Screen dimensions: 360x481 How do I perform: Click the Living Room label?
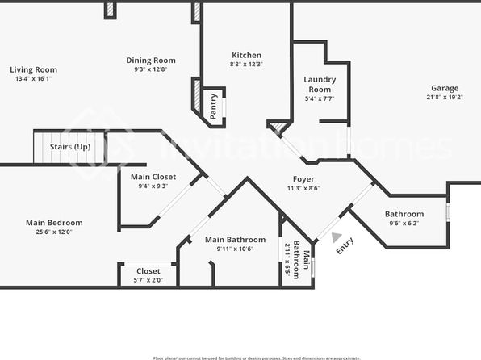[35, 69]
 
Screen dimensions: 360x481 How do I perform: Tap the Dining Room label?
[151, 60]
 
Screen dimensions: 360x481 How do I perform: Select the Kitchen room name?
[246, 54]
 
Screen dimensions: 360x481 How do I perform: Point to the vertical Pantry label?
[214, 107]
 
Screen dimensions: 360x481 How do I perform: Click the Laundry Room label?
[320, 84]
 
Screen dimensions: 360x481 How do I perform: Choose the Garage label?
[444, 88]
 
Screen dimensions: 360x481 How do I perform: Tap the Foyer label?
[303, 178]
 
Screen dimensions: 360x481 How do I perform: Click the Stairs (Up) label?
[70, 147]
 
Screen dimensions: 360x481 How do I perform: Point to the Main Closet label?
[153, 176]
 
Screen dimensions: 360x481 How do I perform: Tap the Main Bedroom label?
[54, 223]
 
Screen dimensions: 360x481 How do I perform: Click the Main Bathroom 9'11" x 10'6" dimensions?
[235, 249]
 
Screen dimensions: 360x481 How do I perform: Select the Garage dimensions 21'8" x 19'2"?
[444, 98]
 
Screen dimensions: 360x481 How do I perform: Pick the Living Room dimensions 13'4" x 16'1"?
[35, 79]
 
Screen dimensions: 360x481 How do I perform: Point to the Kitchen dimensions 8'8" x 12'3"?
[246, 64]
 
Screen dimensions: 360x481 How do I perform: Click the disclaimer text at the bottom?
[257, 358]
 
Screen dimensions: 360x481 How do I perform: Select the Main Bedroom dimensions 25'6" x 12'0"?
[54, 232]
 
